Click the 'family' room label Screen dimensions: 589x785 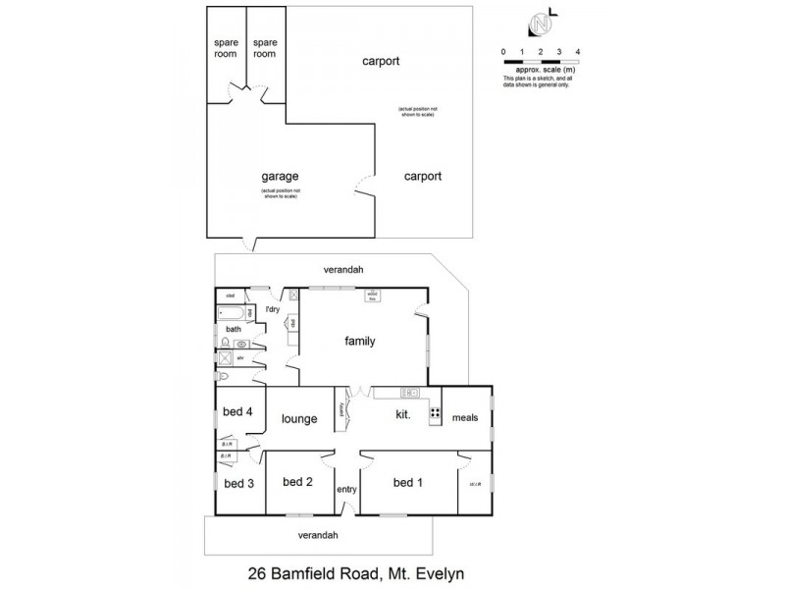(360, 342)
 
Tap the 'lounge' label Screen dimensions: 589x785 (298, 419)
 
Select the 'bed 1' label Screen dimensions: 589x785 (409, 482)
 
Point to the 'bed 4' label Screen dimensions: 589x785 (238, 412)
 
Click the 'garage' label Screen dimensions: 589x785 (280, 177)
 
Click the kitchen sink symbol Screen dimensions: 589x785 (411, 394)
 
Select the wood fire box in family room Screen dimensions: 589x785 (373, 294)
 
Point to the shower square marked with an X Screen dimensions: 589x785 (224, 358)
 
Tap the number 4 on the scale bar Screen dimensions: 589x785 (578, 51)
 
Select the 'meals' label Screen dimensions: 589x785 (465, 417)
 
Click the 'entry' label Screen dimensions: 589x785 (346, 489)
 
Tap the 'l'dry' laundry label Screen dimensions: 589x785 (273, 310)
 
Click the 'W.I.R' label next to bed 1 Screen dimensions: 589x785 (475, 483)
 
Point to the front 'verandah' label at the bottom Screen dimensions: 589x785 (318, 535)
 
